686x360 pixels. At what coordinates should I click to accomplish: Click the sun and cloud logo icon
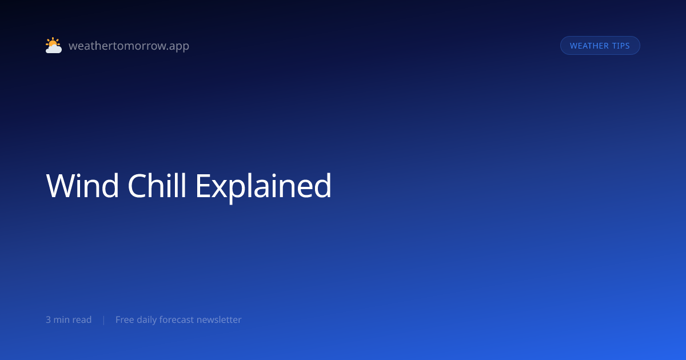click(54, 45)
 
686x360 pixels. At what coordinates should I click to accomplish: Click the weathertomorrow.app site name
click(129, 46)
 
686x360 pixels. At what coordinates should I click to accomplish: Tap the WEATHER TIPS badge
click(600, 46)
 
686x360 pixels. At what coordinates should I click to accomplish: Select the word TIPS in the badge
click(621, 46)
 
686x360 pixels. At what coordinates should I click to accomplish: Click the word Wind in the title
click(82, 186)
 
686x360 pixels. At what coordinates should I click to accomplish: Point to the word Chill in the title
click(157, 186)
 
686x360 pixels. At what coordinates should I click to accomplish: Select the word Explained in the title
click(264, 187)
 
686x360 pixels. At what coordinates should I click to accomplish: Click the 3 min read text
click(69, 319)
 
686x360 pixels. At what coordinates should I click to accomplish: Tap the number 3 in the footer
click(48, 320)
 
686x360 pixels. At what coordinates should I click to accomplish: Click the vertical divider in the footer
click(104, 320)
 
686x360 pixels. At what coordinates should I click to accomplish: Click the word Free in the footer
click(125, 319)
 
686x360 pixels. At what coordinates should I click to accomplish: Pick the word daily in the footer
click(147, 320)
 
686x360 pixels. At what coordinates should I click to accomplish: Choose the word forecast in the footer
click(177, 319)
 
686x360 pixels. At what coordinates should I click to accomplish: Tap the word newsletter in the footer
click(219, 319)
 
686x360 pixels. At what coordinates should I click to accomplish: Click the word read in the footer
click(82, 319)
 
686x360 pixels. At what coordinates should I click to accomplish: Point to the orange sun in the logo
click(53, 42)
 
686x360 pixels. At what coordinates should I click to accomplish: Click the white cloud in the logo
click(54, 49)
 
